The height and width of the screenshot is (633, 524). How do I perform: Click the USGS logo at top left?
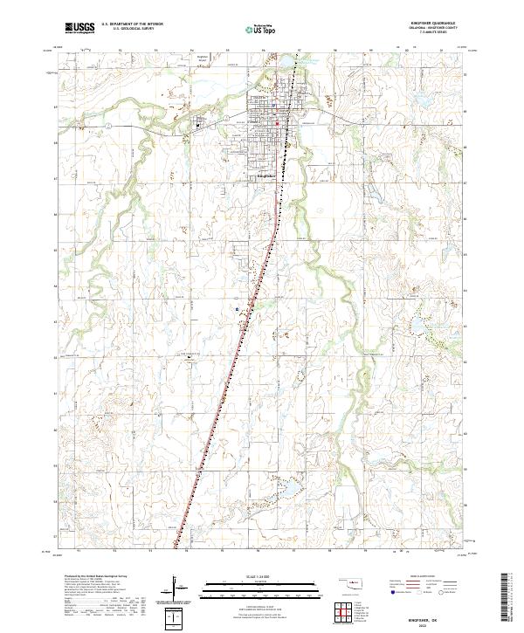(x=79, y=28)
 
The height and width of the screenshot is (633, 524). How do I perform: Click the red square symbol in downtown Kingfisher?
(x=278, y=123)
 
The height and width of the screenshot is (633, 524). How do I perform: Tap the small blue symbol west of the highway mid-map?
(x=237, y=307)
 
